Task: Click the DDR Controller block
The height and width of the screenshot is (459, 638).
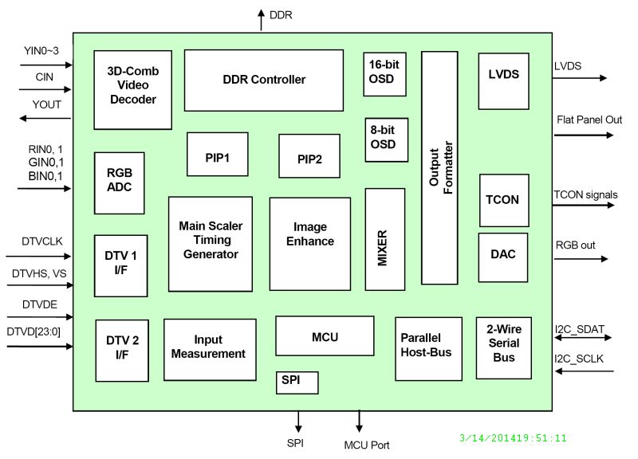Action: pos(264,80)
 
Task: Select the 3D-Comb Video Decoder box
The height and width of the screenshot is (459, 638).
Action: pos(133,90)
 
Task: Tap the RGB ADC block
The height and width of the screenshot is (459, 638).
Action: pos(119,179)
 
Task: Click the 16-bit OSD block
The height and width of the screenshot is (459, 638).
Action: pos(384,73)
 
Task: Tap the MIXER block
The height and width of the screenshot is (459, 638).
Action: pos(384,239)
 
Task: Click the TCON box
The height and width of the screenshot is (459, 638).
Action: pos(503,200)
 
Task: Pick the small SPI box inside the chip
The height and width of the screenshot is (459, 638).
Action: pos(297,382)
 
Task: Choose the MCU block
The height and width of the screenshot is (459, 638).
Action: pos(325,336)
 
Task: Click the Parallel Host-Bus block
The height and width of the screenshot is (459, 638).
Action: pos(428,349)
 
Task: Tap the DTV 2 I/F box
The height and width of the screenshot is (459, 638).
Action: pos(122,351)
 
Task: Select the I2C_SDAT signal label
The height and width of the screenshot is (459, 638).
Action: pos(580,328)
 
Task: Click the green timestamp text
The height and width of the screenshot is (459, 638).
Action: pos(514,437)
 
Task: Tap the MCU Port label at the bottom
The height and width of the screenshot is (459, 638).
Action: pos(367,445)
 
